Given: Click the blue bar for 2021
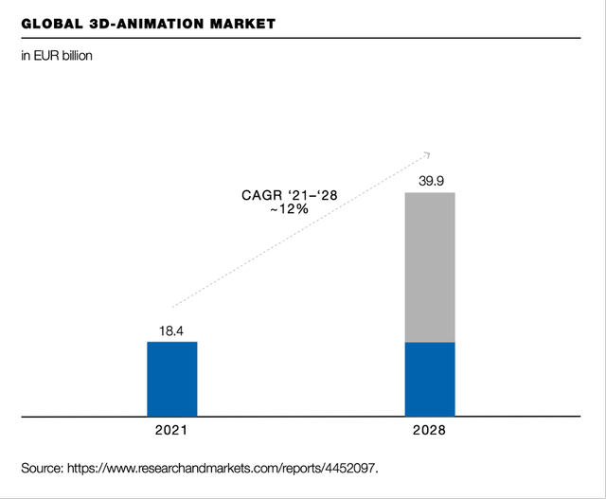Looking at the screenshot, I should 172,379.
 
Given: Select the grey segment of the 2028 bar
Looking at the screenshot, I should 430,267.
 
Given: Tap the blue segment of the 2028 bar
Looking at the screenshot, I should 430,379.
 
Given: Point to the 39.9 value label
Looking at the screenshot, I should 430,180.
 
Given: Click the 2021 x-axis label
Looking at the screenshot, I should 172,430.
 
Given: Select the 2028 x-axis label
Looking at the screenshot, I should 430,430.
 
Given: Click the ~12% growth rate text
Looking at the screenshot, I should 289,209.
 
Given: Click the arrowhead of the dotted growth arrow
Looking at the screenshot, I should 427,153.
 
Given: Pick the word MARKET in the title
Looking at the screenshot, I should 242,23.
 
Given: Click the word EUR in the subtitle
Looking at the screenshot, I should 45,56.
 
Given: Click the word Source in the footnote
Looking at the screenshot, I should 42,468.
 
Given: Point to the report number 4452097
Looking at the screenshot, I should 360,468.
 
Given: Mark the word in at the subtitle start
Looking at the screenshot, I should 26,56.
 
